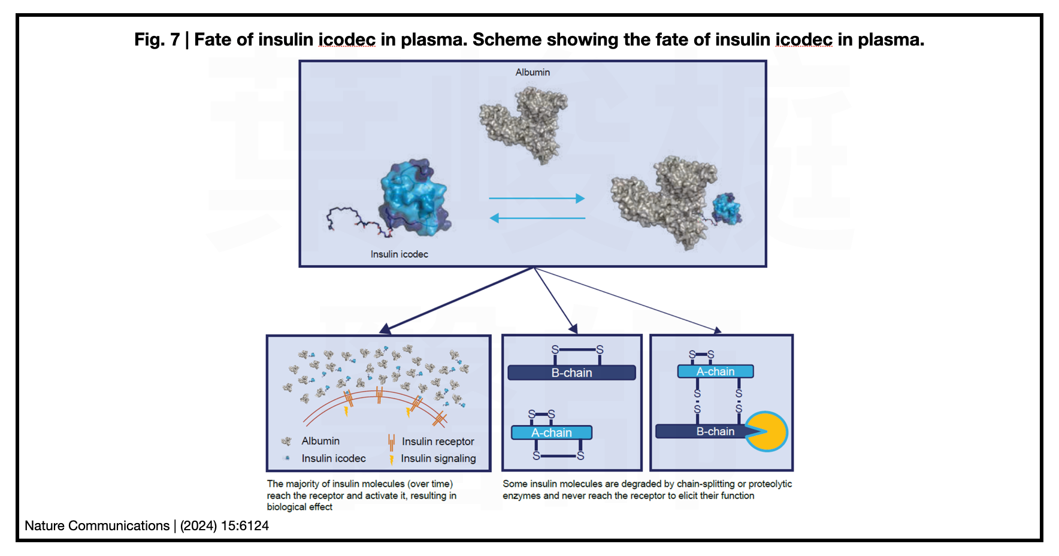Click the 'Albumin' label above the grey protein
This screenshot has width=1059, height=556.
coord(532,72)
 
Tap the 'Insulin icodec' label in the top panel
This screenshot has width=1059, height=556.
coord(399,254)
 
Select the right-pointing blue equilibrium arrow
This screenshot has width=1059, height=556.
coord(536,198)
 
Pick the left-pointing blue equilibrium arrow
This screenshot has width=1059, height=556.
coord(537,218)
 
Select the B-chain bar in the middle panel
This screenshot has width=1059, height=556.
coord(571,373)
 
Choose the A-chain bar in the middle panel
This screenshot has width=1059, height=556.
coord(552,433)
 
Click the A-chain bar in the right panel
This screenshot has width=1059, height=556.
coord(715,371)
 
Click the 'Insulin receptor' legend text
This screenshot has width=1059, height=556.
coord(438,442)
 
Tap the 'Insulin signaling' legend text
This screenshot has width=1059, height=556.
coord(438,458)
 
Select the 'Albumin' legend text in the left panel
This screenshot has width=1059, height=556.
coord(320,441)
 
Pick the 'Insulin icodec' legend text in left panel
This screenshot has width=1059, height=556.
coord(334,458)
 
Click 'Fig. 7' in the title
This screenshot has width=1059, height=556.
coord(157,40)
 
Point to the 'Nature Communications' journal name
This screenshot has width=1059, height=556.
coord(97,525)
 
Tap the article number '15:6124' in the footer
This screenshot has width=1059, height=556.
coord(245,525)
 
